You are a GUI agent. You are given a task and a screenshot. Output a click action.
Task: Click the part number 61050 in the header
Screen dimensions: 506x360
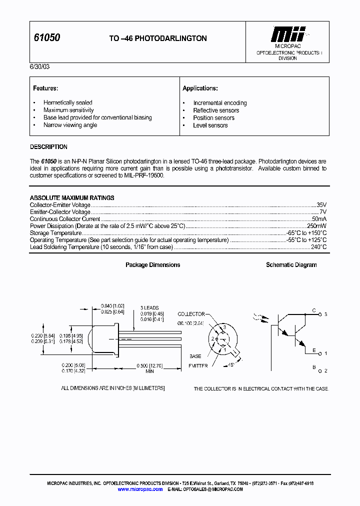pyautogui.click(x=47, y=38)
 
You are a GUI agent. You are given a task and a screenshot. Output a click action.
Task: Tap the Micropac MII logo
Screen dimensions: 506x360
pyautogui.click(x=287, y=35)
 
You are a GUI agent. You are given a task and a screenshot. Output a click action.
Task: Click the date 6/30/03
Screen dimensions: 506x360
pyautogui.click(x=39, y=66)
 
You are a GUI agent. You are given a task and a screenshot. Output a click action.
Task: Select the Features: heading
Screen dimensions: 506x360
pyautogui.click(x=46, y=88)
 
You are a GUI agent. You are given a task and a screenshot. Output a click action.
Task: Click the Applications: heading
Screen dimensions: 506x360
pyautogui.click(x=200, y=88)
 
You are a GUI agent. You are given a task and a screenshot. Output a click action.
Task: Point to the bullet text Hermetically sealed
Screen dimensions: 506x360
pyautogui.click(x=68, y=102)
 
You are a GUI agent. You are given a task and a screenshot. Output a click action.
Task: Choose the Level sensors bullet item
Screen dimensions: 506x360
pyautogui.click(x=210, y=125)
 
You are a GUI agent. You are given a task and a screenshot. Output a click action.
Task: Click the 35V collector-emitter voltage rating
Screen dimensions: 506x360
pyautogui.click(x=321, y=205)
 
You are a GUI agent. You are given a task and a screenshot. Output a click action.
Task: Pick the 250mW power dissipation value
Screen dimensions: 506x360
pyautogui.click(x=316, y=226)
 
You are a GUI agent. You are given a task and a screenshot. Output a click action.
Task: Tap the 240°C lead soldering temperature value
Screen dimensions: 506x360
pyautogui.click(x=318, y=247)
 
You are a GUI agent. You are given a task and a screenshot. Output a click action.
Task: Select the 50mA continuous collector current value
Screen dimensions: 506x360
pyautogui.click(x=319, y=219)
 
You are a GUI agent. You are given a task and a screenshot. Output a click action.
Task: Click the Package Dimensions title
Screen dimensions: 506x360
pyautogui.click(x=152, y=265)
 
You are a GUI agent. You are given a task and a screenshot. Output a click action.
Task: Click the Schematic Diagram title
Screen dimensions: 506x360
pyautogui.click(x=291, y=265)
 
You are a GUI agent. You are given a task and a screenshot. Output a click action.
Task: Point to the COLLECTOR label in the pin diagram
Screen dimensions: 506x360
pyautogui.click(x=191, y=314)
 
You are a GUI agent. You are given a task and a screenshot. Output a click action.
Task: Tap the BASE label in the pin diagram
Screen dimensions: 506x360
pyautogui.click(x=195, y=356)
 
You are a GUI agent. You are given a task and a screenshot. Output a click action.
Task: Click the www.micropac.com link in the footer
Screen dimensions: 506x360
pyautogui.click(x=140, y=489)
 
